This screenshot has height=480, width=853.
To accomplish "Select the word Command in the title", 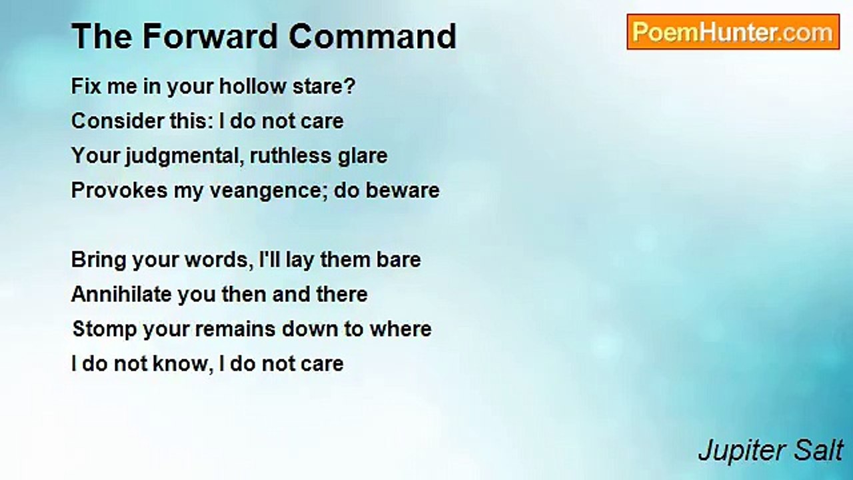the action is (x=373, y=36).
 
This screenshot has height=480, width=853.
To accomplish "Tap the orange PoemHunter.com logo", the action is (x=733, y=32).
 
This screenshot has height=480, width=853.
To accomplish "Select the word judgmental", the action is (x=185, y=156).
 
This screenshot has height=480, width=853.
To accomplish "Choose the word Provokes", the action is (x=119, y=191).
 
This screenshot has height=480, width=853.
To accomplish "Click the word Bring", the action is (x=98, y=261).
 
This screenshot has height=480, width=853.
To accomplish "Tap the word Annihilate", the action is (x=121, y=295).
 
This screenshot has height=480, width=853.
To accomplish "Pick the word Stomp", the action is (x=105, y=329).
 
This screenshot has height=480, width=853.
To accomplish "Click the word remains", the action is (x=235, y=329).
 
